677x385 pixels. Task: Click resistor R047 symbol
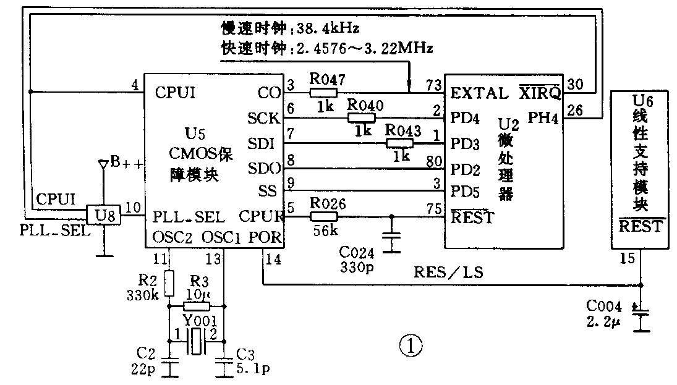click(x=323, y=93)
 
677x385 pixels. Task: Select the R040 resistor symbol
click(x=362, y=117)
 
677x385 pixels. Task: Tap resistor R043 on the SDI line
click(x=401, y=143)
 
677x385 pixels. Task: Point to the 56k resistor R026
click(x=323, y=216)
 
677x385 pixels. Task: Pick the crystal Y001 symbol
click(x=196, y=342)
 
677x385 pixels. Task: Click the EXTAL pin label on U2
click(x=478, y=94)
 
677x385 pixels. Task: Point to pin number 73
click(x=434, y=83)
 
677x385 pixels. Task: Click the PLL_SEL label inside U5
click(x=189, y=217)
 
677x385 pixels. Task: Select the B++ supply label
click(x=126, y=163)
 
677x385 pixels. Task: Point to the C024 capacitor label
click(x=356, y=252)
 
